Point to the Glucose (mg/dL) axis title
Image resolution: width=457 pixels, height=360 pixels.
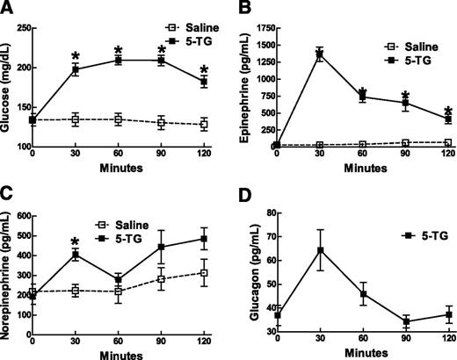8,88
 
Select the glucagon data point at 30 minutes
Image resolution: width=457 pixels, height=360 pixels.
320,250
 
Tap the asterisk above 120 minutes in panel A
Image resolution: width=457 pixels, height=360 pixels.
204,69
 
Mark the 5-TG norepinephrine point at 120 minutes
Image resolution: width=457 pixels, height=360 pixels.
204,239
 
